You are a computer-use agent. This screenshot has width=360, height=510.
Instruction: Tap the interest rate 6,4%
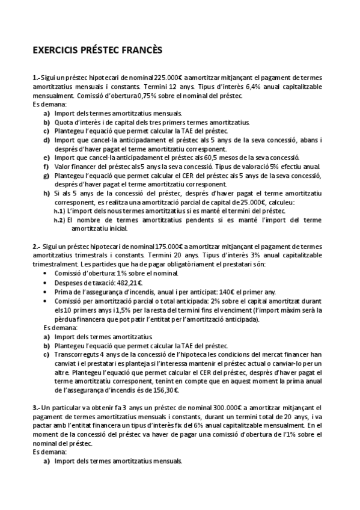[233, 86]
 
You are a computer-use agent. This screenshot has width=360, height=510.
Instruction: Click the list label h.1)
[58, 211]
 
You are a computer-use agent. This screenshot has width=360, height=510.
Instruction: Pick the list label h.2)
[58, 220]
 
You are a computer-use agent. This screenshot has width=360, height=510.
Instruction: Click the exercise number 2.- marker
[37, 247]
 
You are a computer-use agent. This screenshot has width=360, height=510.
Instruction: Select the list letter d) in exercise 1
[47, 140]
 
